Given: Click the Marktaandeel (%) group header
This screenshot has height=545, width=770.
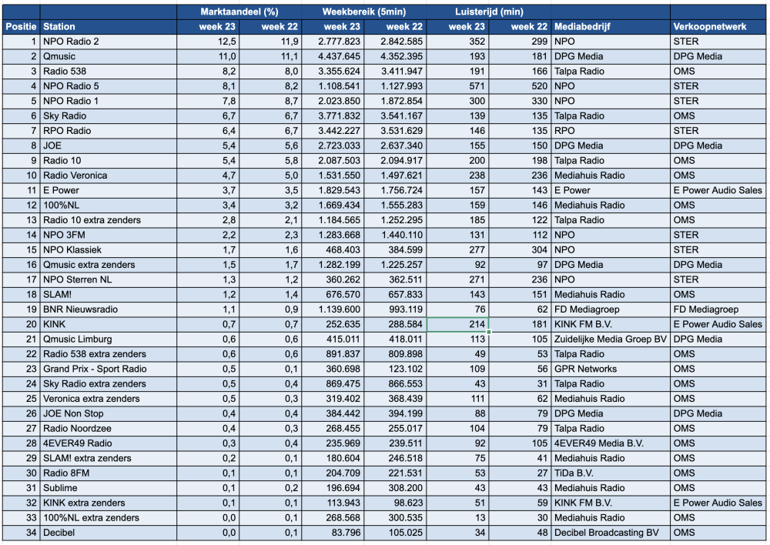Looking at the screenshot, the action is pyautogui.click(x=239, y=12).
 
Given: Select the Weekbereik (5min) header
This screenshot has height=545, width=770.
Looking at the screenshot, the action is pyautogui.click(x=364, y=12).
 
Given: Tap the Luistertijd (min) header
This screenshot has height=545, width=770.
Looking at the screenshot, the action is pyautogui.click(x=489, y=12).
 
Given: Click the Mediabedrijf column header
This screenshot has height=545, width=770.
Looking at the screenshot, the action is pyautogui.click(x=582, y=26).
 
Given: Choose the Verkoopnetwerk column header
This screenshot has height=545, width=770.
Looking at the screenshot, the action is pyautogui.click(x=710, y=26).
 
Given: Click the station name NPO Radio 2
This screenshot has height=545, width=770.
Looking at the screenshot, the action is pyautogui.click(x=71, y=42).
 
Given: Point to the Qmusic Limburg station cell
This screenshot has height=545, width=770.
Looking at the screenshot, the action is pyautogui.click(x=78, y=339).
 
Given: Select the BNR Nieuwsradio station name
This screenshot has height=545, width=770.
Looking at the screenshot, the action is pyautogui.click(x=81, y=309).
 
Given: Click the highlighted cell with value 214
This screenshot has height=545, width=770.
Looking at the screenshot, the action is pyautogui.click(x=457, y=324).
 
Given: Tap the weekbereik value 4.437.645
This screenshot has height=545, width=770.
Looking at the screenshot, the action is pyautogui.click(x=339, y=56).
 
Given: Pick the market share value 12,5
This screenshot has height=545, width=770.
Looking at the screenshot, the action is pyautogui.click(x=227, y=42).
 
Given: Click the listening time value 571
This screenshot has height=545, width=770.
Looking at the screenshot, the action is pyautogui.click(x=477, y=86).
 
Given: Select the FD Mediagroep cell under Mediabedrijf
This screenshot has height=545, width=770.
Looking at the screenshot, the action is pyautogui.click(x=587, y=309).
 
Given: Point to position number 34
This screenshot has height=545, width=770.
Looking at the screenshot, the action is pyautogui.click(x=32, y=533).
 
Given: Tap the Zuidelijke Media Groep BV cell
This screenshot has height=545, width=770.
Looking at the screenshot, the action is pyautogui.click(x=611, y=339).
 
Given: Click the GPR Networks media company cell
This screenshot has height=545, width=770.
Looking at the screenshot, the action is pyautogui.click(x=585, y=369).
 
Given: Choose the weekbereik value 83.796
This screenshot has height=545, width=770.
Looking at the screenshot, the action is pyautogui.click(x=343, y=533).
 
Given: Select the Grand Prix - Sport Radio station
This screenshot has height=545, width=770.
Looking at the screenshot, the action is pyautogui.click(x=95, y=369).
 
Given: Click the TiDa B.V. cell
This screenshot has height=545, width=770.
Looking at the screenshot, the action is pyautogui.click(x=574, y=473).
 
